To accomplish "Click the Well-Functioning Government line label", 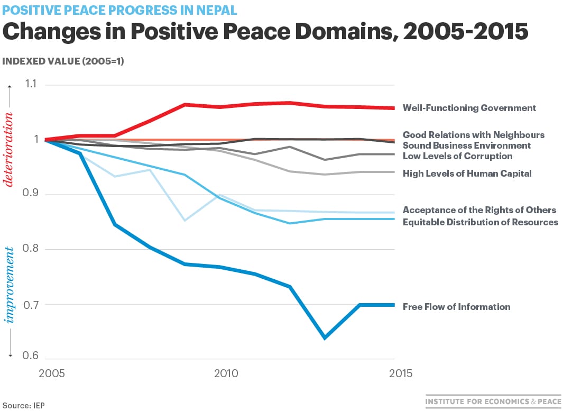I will point(469,108).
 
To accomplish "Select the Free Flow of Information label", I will point(456,307).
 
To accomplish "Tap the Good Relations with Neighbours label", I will point(473,135).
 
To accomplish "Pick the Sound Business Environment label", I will point(466,145).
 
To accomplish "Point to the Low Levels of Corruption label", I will point(457,156).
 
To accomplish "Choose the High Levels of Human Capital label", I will point(467,174).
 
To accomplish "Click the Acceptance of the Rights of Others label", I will point(479,211).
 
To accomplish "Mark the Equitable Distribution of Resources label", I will point(480,222).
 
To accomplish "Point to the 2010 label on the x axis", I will point(226,373).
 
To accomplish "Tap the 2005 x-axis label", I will point(52,373).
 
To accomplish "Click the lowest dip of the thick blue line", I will point(325,337).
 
